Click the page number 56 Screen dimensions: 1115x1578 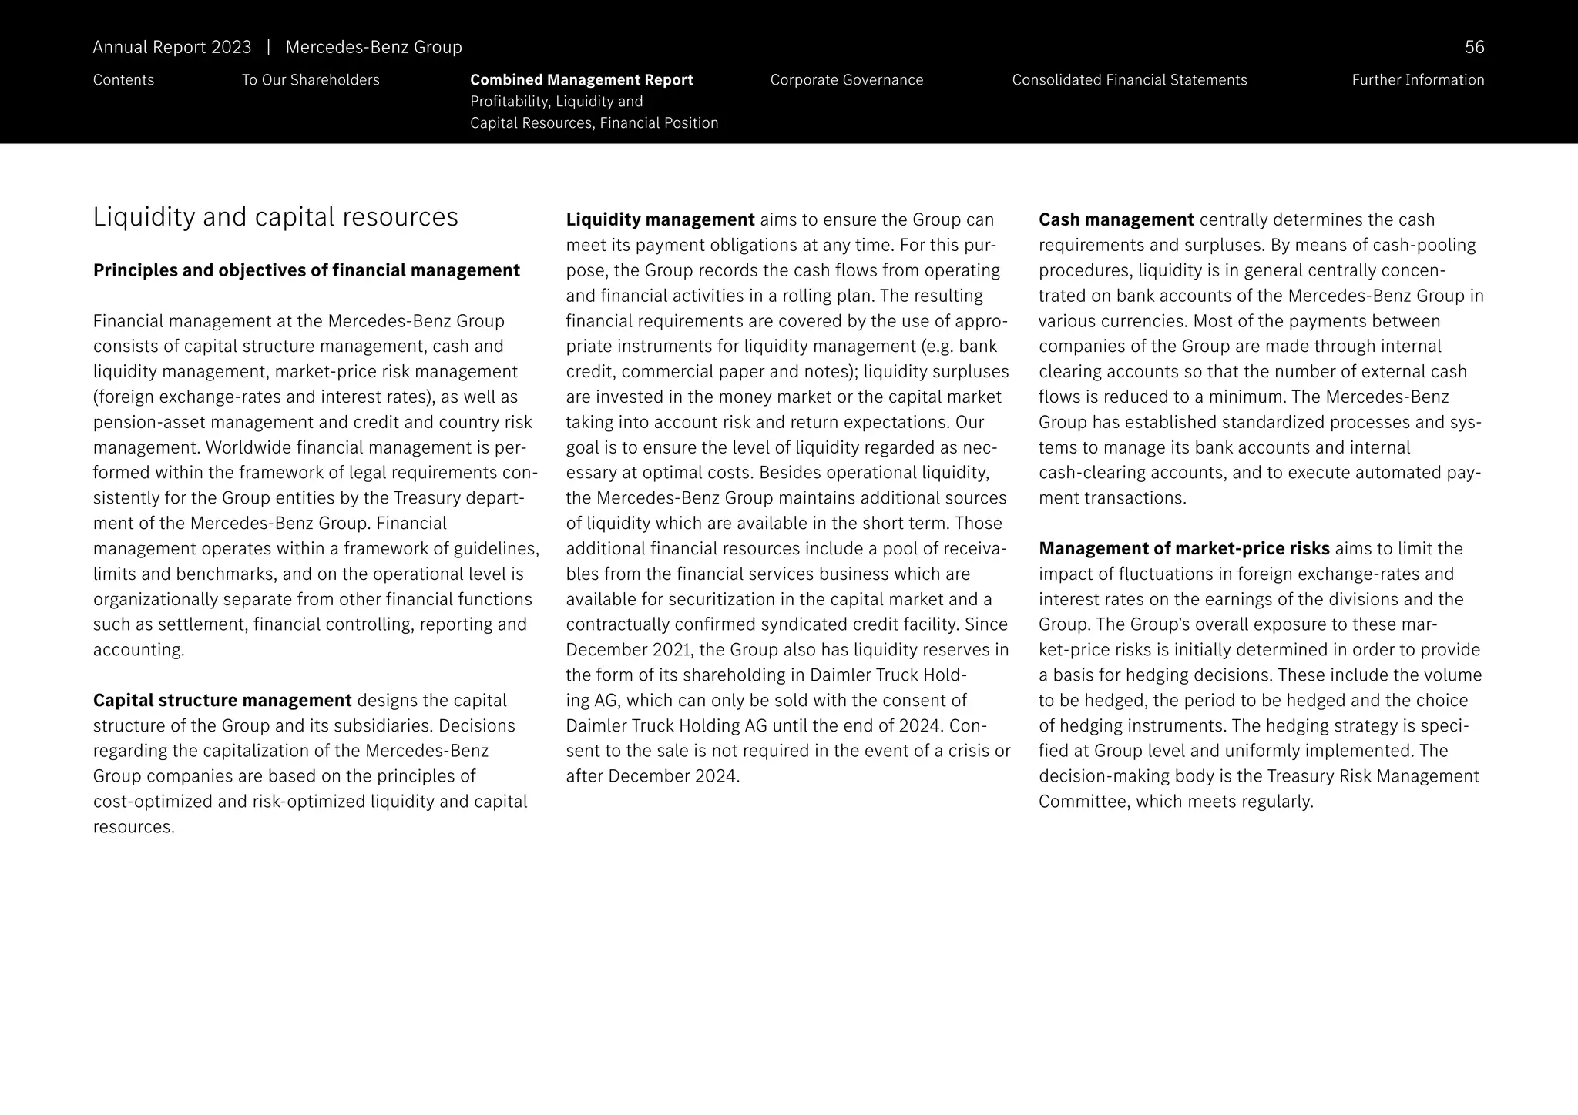coord(1474,48)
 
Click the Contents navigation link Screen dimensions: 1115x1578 coord(123,80)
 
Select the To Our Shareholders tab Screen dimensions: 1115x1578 coord(311,80)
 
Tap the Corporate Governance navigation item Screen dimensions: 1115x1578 coord(846,80)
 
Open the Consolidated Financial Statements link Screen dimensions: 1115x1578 coord(1129,80)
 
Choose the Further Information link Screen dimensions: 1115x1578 coord(1417,80)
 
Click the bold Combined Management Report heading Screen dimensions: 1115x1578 coord(581,80)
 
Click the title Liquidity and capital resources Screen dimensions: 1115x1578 coord(275,217)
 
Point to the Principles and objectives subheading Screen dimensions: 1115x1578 coord(306,270)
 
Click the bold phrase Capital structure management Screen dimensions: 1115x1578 coord(222,700)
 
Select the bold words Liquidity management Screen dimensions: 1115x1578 coord(660,220)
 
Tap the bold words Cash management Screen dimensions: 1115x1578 coord(1116,220)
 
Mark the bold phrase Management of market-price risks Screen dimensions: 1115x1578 coord(1183,549)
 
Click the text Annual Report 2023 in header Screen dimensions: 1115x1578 coord(172,48)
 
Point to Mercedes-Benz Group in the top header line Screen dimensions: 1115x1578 coord(373,48)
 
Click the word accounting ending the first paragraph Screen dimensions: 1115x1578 coord(138,650)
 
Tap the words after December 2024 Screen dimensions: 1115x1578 coord(652,776)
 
